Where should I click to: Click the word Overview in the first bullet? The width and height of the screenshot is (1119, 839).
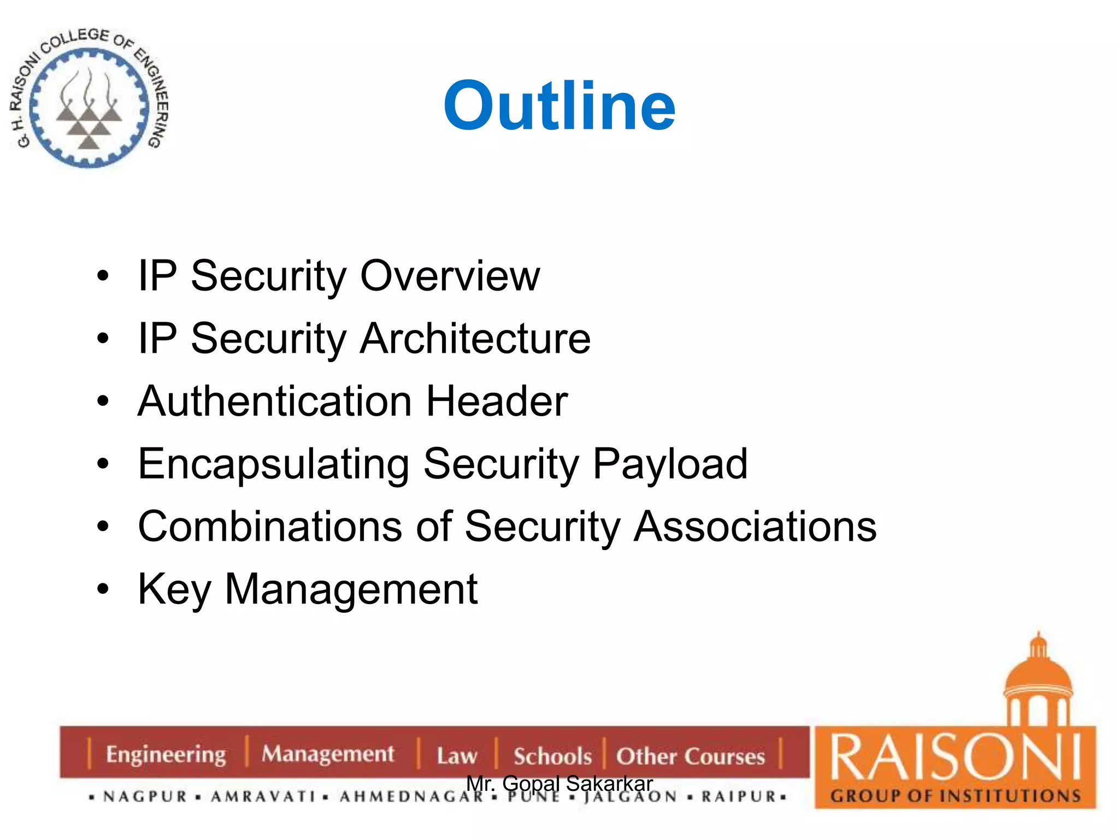click(x=450, y=276)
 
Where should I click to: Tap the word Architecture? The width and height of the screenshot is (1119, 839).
click(x=475, y=339)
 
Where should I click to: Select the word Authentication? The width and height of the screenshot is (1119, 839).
click(x=274, y=401)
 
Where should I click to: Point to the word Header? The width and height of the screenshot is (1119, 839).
click(x=497, y=401)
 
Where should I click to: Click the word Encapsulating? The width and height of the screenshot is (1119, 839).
click(x=273, y=464)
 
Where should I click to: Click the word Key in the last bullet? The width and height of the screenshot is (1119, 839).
click(x=174, y=590)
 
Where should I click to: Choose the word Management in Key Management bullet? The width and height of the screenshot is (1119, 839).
click(x=351, y=590)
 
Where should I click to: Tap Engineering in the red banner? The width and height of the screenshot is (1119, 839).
click(x=166, y=754)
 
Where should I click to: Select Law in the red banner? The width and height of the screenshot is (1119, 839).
click(x=457, y=756)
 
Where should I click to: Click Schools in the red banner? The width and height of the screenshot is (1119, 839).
click(x=552, y=756)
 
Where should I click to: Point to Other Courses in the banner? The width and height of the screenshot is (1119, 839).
click(x=690, y=756)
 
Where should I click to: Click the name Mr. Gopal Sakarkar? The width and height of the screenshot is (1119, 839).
click(x=559, y=783)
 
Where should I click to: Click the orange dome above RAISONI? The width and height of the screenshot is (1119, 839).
click(x=1038, y=677)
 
